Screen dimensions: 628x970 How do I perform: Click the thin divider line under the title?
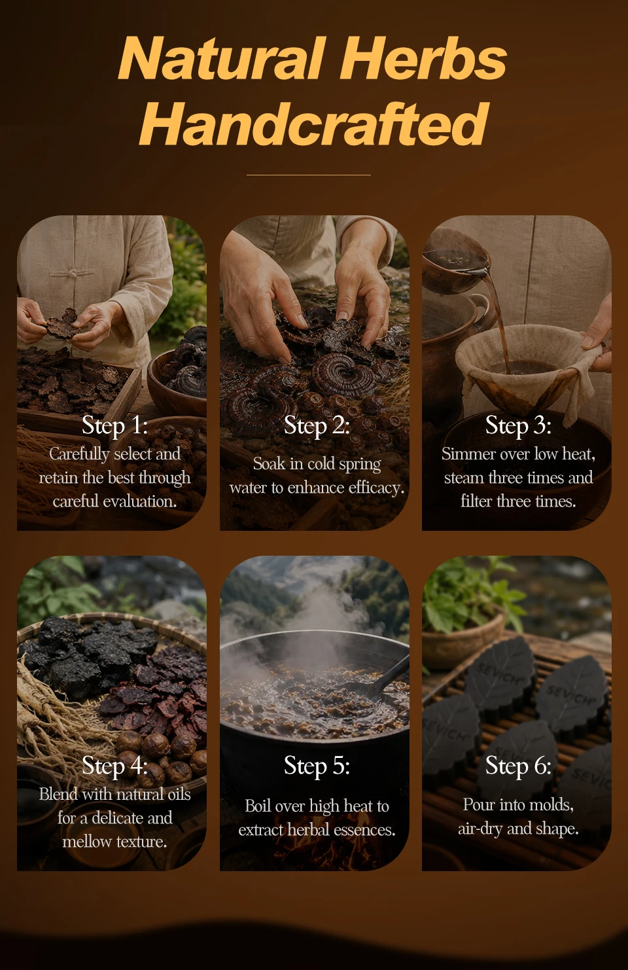coord(309,175)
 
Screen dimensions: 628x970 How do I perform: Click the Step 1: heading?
coord(114,425)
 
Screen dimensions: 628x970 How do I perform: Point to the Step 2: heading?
coord(317,425)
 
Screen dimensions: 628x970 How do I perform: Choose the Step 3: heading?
coord(518,425)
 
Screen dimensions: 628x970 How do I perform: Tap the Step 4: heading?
coord(114,765)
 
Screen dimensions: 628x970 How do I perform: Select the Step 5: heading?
coord(317,765)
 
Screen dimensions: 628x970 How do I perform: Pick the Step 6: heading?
coord(518,765)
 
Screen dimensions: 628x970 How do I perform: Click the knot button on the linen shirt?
coord(73,273)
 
